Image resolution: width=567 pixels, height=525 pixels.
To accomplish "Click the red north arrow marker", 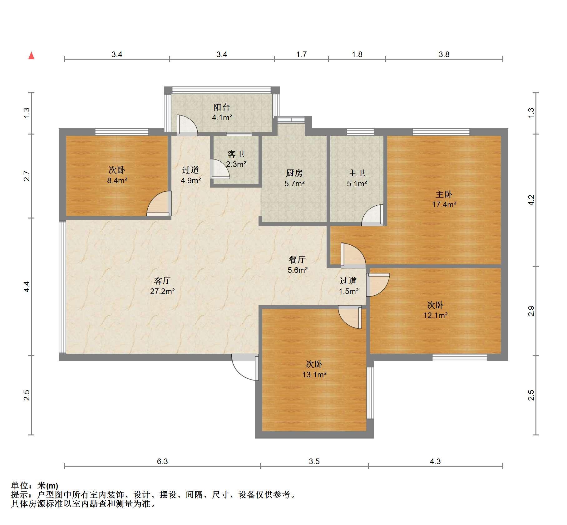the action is coord(31,56).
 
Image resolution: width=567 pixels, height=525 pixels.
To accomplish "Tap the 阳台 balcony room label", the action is coord(222,107).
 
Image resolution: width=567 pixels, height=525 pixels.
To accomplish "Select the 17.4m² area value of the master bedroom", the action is coord(444,205).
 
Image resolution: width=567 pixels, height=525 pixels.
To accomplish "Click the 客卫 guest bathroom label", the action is coord(236,154).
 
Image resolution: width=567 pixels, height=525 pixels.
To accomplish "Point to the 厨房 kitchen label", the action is coord(294,173).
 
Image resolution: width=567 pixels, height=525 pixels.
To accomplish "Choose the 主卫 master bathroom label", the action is coord(357,173).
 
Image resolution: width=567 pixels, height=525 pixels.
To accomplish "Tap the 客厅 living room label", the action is coord(162,281).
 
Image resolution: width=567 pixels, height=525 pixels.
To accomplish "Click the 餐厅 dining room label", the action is coord(297,260).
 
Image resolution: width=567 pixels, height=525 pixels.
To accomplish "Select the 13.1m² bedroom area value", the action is coord(314,375).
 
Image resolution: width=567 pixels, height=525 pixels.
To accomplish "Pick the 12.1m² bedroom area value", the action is coord(435,315).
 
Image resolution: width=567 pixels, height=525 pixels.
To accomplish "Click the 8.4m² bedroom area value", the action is coord(117,180).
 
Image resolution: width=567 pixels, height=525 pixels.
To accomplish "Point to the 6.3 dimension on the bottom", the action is coord(162,461).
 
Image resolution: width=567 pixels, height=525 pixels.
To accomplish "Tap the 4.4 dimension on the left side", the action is coord(27,287).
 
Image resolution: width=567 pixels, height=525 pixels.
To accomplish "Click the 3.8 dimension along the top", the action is coord(444,55).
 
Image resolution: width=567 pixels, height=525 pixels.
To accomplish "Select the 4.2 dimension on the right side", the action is coord(531,200).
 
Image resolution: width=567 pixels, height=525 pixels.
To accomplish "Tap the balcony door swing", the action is coord(187,125).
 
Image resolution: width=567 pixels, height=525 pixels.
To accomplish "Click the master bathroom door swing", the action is coord(373,215).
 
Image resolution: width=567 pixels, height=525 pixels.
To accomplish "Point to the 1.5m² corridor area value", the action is coord(348,292).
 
